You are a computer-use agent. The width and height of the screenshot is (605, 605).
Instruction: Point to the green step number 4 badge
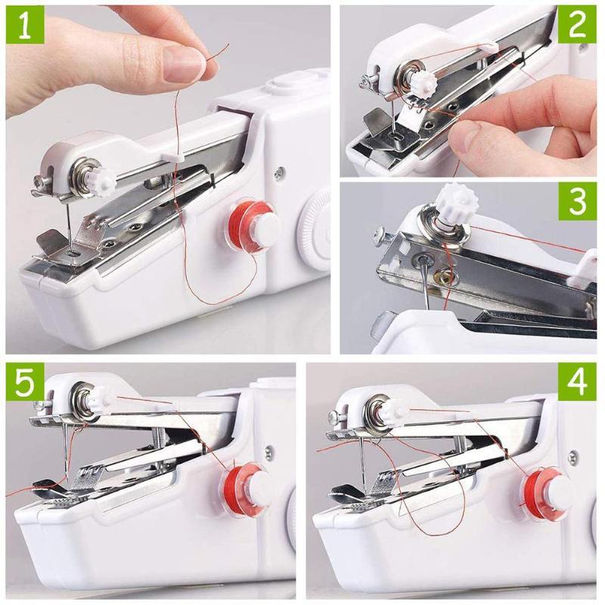pyautogui.click(x=578, y=383)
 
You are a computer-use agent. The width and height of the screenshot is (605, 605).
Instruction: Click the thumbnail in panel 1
pyautogui.click(x=181, y=64)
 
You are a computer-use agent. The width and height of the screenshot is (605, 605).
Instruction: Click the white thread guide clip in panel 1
pyautogui.click(x=172, y=154)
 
